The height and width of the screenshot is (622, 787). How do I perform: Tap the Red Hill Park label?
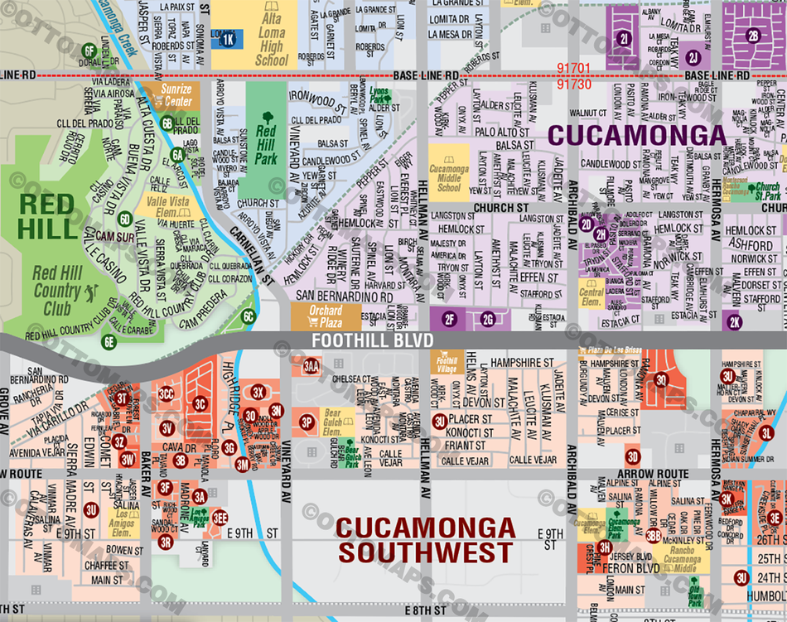(266, 137)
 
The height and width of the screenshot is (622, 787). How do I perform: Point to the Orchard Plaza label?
(326, 316)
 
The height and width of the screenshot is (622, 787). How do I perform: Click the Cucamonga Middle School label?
(448, 173)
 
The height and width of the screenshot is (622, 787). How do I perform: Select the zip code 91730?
(574, 84)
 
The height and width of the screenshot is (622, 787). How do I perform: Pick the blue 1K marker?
(229, 38)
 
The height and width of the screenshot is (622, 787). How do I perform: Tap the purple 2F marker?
(449, 319)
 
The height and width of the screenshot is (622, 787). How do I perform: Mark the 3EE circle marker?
(220, 517)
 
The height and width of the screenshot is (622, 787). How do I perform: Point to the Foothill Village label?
(447, 361)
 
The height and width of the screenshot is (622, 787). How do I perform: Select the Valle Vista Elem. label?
(167, 205)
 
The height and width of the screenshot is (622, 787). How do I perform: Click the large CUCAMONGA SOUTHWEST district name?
(426, 539)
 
